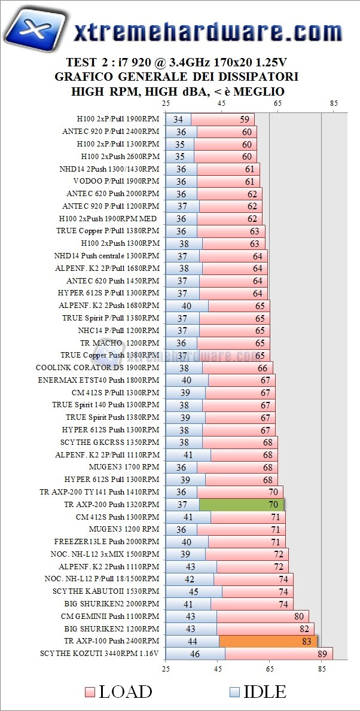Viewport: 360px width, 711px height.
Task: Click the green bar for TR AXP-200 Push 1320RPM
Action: [242, 505]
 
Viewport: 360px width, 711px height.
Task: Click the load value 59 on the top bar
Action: [245, 119]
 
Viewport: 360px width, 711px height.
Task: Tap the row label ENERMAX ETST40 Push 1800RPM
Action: [99, 380]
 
